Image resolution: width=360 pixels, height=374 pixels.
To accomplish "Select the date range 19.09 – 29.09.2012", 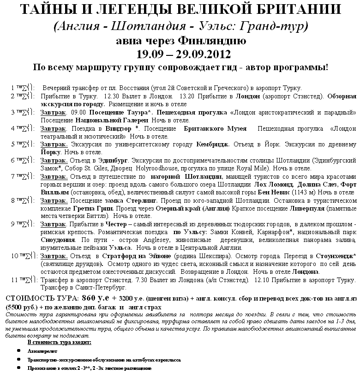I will tap(180, 54).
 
